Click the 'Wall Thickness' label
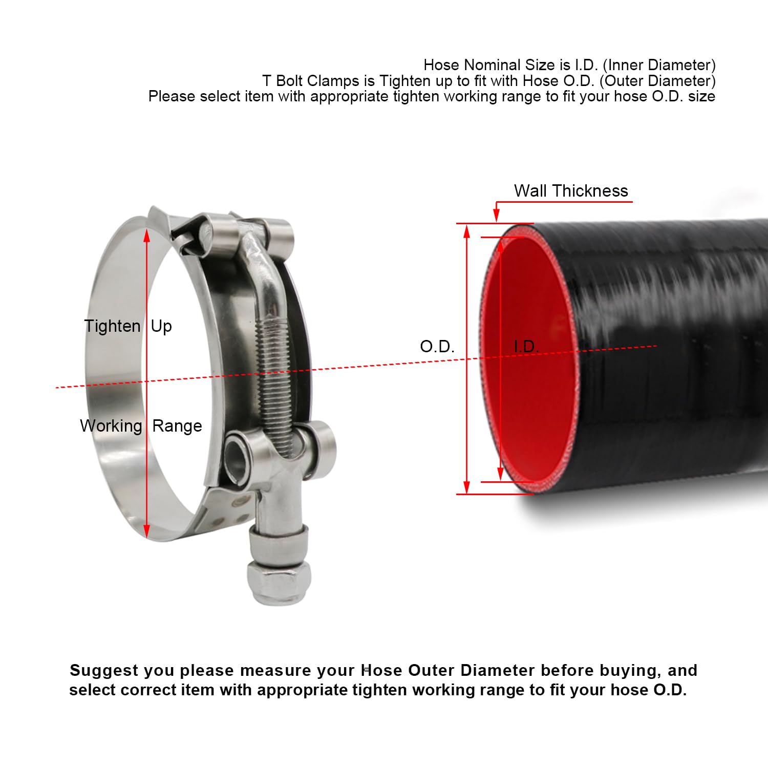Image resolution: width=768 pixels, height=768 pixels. [571, 191]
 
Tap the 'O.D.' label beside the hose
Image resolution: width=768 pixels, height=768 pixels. [437, 347]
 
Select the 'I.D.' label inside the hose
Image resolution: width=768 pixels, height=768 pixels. [526, 347]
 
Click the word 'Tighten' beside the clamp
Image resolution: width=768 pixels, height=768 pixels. [112, 326]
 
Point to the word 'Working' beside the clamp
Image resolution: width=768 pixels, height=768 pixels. [111, 426]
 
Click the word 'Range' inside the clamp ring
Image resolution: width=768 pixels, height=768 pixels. [177, 426]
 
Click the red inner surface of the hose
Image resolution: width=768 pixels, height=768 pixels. [532, 389]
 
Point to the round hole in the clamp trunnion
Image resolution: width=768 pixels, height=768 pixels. [239, 454]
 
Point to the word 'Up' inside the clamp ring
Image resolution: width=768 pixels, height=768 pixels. [161, 326]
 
